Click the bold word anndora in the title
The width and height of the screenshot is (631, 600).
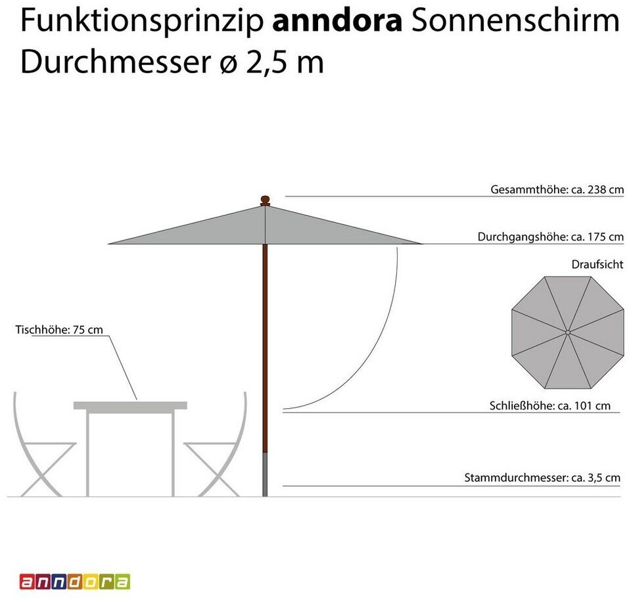[x=337, y=21]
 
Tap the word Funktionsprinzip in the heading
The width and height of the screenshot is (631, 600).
[x=142, y=22]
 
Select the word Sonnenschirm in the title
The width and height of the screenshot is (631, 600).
[x=515, y=22]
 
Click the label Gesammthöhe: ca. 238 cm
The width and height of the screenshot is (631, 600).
[x=557, y=190]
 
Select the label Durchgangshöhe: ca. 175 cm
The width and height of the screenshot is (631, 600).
[x=550, y=237]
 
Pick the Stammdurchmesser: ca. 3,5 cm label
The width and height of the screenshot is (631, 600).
[x=542, y=478]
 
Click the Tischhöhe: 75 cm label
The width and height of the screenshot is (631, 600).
[x=59, y=329]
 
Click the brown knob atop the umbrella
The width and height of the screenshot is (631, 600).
[x=265, y=199]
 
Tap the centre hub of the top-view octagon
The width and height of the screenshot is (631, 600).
[x=567, y=332]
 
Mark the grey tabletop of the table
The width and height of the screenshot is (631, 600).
[x=130, y=405]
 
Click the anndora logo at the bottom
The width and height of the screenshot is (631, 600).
[x=74, y=582]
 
